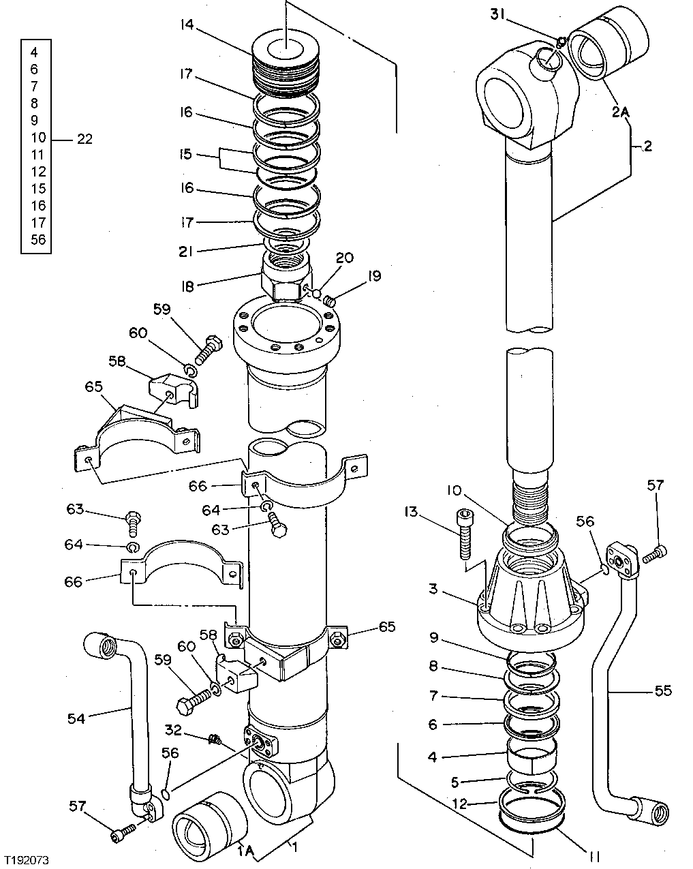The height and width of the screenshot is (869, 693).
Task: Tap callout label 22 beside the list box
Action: (84, 139)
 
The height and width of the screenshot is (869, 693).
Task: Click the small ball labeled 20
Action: (315, 292)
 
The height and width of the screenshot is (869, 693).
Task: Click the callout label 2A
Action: (620, 112)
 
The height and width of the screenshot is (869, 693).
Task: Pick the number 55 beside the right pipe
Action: (662, 691)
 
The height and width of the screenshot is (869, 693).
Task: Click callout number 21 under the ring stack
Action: (187, 251)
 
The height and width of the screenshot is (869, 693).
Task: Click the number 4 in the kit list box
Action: (35, 51)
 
